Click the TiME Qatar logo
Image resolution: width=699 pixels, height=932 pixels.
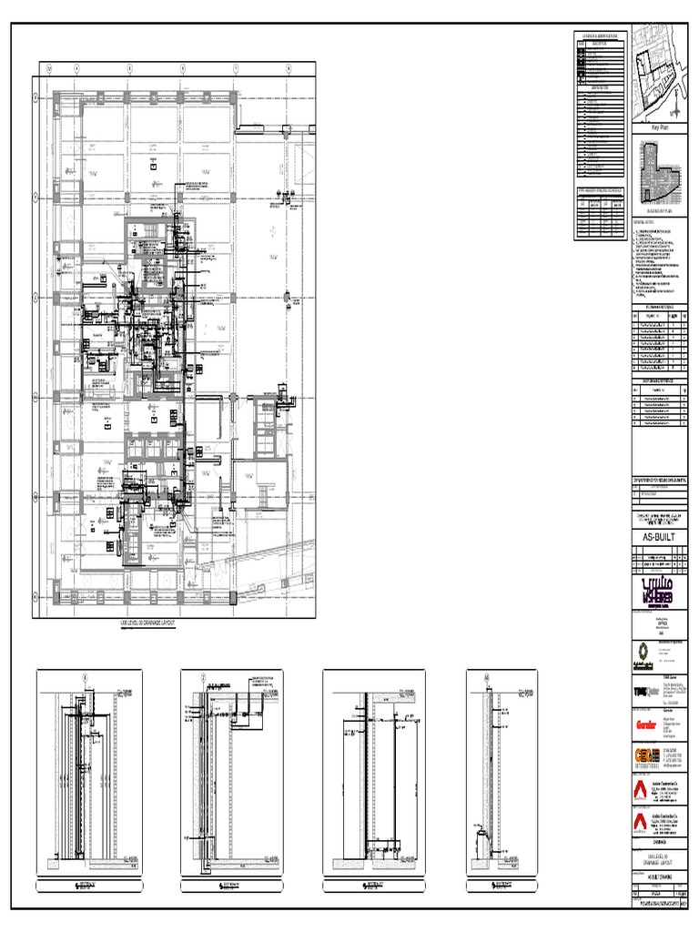point(644,693)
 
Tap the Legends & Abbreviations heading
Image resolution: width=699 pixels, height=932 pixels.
point(602,35)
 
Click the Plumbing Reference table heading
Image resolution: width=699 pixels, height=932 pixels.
point(658,308)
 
